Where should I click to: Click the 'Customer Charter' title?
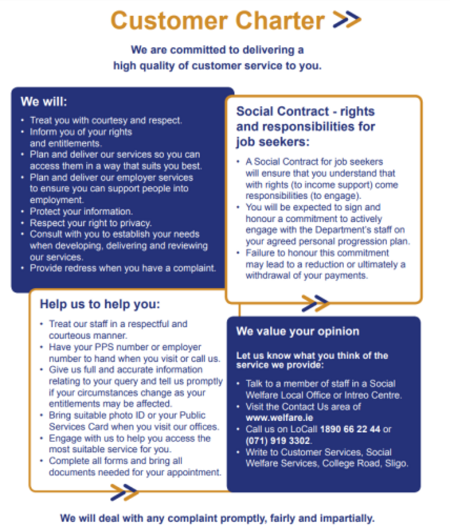(217, 20)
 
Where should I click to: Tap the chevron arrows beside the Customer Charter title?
(347, 20)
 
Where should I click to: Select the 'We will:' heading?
(39, 102)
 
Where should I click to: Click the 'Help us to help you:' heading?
(100, 304)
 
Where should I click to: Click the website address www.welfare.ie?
(275, 418)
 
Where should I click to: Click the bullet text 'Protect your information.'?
(81, 211)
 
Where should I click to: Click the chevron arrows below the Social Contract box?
(315, 303)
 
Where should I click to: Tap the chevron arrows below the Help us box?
(125, 492)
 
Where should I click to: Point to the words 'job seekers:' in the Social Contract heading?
(273, 142)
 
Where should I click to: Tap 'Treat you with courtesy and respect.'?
(105, 120)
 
